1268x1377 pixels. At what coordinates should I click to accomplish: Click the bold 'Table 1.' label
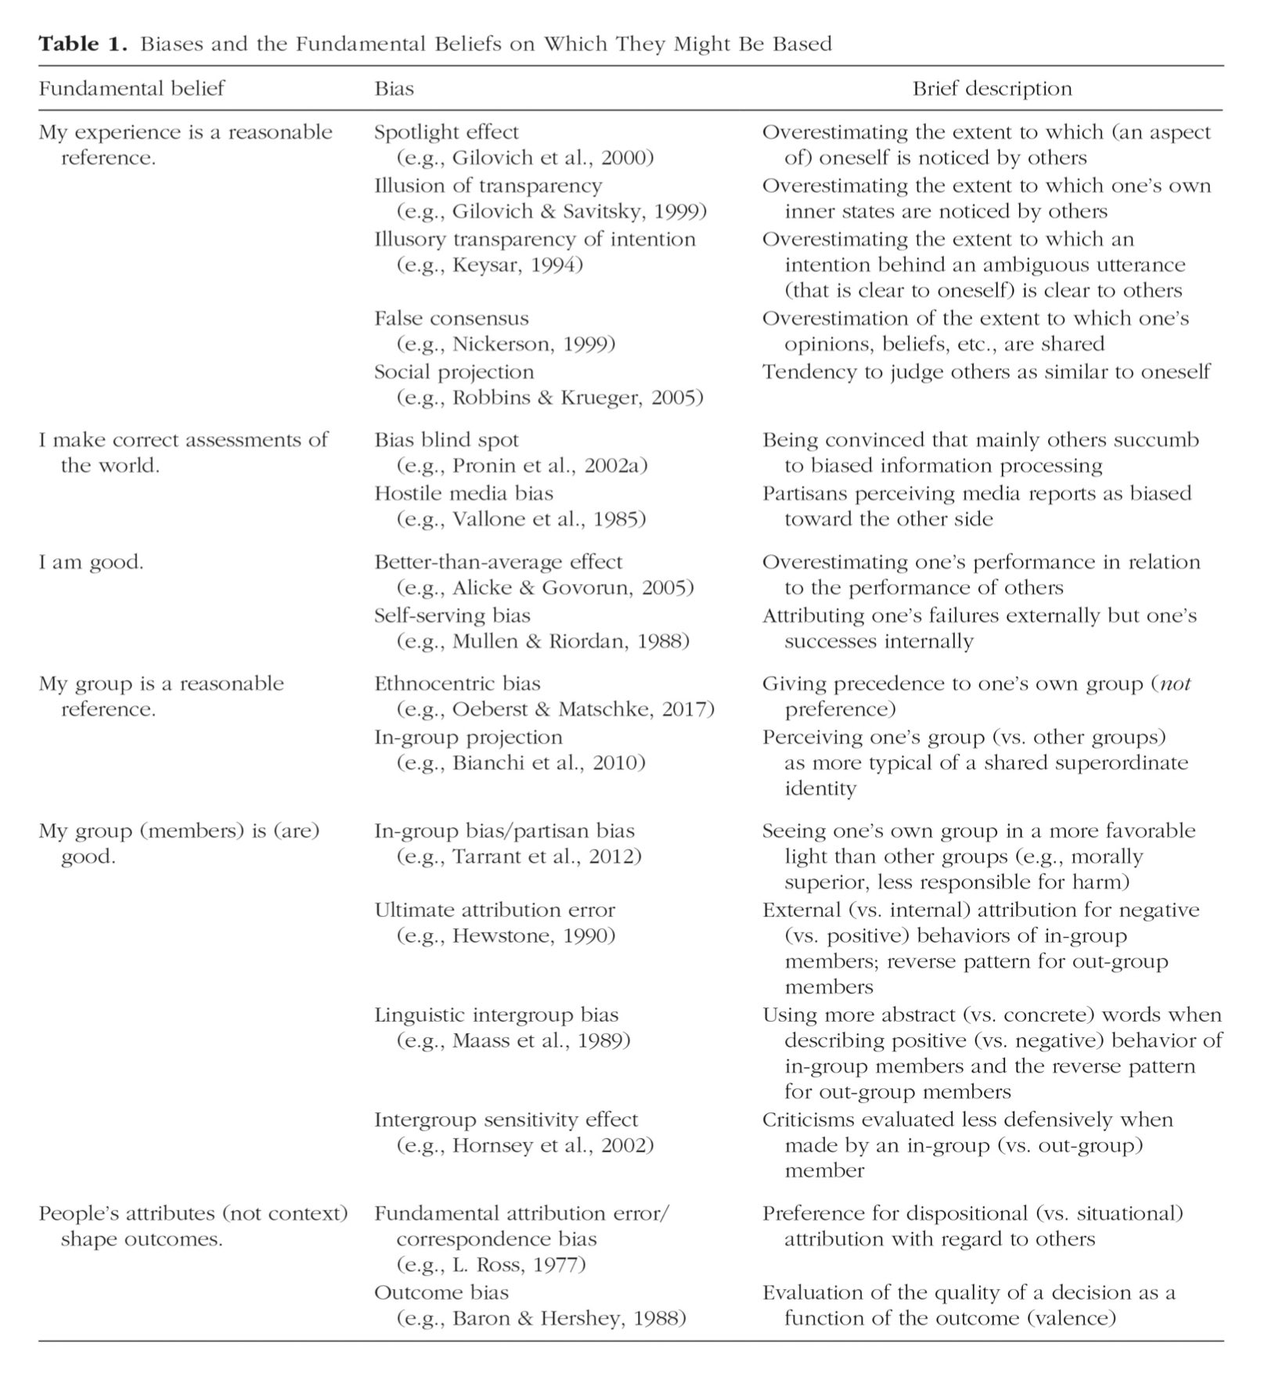click(x=82, y=44)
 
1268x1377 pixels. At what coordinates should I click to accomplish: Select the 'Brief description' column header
click(x=992, y=88)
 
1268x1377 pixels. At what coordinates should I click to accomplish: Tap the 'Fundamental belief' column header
click(x=131, y=88)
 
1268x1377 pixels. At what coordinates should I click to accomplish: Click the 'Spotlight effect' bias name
click(x=446, y=132)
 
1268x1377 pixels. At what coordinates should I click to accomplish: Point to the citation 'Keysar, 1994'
click(x=517, y=265)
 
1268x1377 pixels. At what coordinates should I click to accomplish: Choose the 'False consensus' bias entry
click(x=451, y=319)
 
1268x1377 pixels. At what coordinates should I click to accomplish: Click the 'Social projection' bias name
click(x=454, y=372)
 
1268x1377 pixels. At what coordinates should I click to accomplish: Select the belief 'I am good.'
click(x=91, y=562)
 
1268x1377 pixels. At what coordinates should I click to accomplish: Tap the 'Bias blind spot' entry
click(x=446, y=440)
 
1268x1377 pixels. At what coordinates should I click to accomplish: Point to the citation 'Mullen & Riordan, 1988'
click(x=571, y=641)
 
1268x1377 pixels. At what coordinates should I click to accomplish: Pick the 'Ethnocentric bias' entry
click(x=457, y=684)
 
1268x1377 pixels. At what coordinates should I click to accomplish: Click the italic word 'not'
click(x=1175, y=684)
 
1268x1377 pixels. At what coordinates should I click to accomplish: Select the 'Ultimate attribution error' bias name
click(x=495, y=910)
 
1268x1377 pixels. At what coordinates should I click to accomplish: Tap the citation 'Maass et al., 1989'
click(x=541, y=1041)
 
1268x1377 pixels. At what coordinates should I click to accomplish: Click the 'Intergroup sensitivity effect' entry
click(x=506, y=1120)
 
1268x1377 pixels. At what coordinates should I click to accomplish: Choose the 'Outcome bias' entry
click(x=441, y=1292)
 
